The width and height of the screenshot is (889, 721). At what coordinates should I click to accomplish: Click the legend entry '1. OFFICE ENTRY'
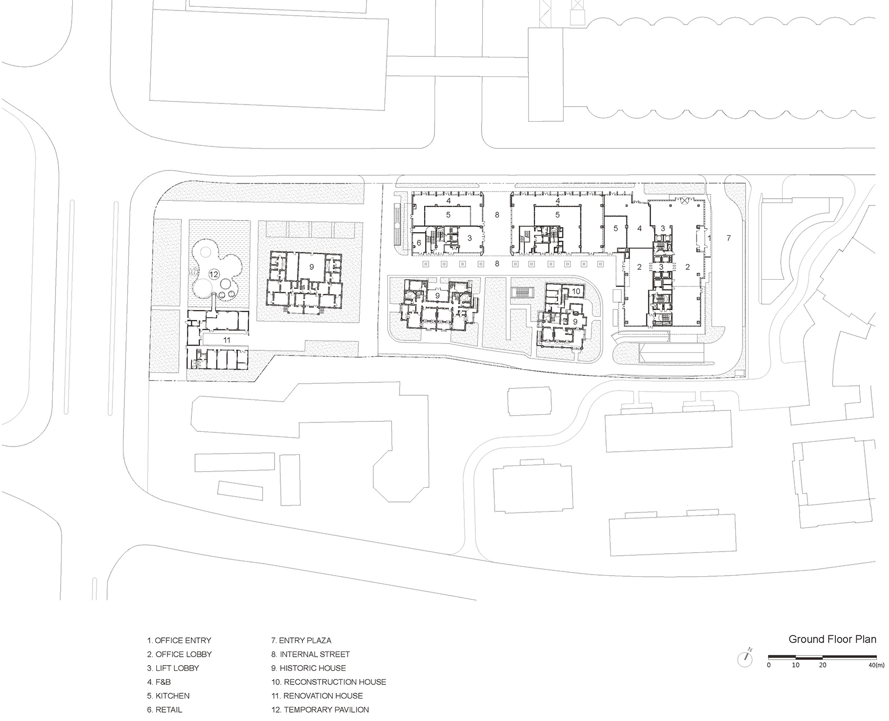tap(179, 640)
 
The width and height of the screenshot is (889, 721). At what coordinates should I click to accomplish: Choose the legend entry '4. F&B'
tap(159, 682)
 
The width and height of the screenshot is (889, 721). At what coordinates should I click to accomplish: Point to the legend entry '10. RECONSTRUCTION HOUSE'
tap(328, 682)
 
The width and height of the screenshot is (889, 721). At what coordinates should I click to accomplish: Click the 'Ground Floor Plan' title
tap(833, 639)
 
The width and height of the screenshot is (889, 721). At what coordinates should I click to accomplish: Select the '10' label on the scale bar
tap(795, 665)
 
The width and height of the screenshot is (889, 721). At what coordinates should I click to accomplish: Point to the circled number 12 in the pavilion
tap(213, 274)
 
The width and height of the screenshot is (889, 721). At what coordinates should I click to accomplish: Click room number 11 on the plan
tap(226, 340)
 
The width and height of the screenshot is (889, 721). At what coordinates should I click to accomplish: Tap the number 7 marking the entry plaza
tap(728, 238)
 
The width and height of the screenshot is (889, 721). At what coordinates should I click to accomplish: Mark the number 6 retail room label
tap(419, 243)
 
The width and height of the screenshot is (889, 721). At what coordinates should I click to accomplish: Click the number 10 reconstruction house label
tap(576, 291)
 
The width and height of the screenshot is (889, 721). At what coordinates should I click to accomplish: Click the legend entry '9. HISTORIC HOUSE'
tap(309, 668)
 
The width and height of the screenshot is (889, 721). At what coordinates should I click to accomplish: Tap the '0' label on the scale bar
tap(769, 665)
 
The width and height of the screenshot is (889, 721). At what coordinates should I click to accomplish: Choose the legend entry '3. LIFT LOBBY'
tap(173, 668)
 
